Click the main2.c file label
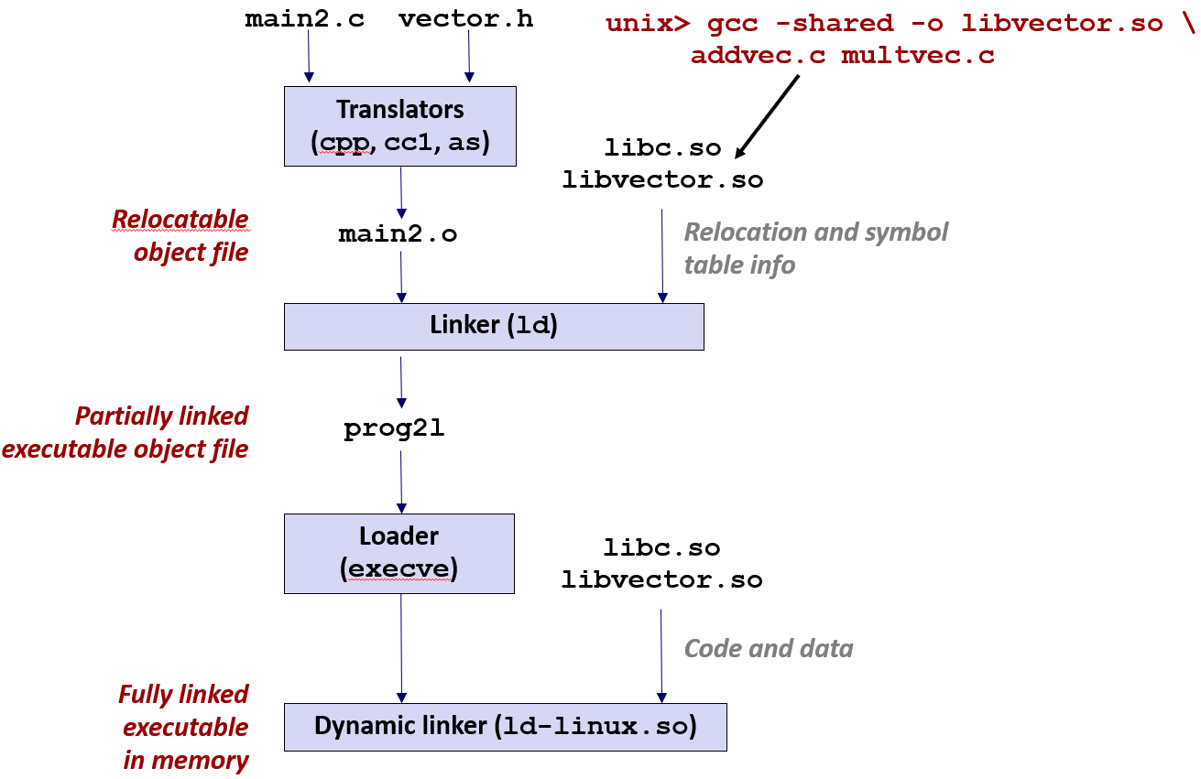click(304, 20)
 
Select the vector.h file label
click(465, 20)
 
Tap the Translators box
click(399, 125)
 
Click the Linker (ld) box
click(494, 326)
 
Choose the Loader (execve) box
click(399, 553)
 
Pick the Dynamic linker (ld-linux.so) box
click(505, 727)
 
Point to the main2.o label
click(398, 234)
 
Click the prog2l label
click(394, 429)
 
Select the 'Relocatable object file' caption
click(180, 235)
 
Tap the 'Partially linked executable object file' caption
click(126, 432)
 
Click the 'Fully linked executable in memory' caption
click(184, 727)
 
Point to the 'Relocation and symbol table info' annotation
click(815, 248)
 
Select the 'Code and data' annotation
click(769, 649)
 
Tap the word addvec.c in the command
click(758, 56)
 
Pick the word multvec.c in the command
click(917, 56)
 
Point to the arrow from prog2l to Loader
click(400, 481)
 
